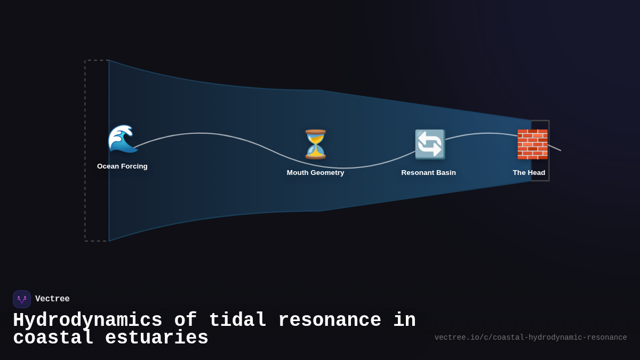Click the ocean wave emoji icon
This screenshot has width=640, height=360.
point(123,139)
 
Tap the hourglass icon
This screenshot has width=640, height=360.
point(316,144)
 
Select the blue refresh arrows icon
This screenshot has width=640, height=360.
point(429,144)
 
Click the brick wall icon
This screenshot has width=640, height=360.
point(532,144)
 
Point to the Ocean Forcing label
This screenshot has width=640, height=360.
point(122,166)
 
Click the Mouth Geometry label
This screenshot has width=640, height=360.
point(315,173)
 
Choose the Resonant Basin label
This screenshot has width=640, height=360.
point(428,173)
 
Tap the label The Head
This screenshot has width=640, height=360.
point(529,173)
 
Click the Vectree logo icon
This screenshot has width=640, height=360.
point(22,299)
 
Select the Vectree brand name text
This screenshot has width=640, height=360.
point(52,299)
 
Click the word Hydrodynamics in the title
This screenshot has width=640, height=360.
point(87,321)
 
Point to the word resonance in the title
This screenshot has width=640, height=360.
point(330,321)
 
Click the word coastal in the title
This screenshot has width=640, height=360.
point(53,338)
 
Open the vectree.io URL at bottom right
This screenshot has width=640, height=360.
point(530,338)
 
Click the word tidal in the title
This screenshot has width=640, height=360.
point(237,321)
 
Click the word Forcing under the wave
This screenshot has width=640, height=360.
point(134,166)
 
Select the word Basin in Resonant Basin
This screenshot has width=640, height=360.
point(445,173)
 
